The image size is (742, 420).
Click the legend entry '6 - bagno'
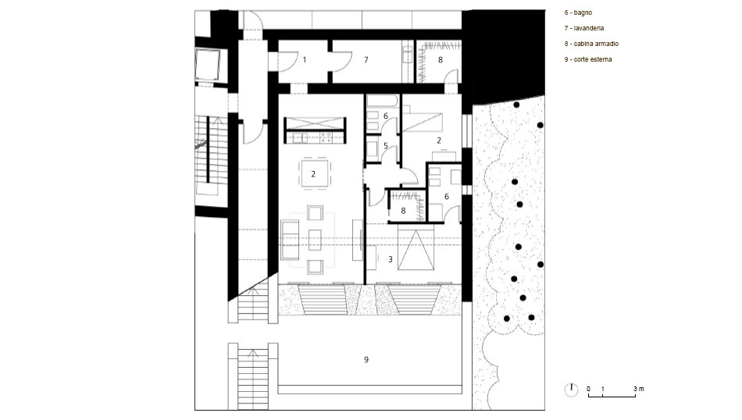pyautogui.click(x=578, y=12)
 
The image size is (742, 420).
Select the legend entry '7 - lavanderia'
pyautogui.click(x=584, y=28)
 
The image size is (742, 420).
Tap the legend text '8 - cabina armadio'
pyautogui.click(x=591, y=44)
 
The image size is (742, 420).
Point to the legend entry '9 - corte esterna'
pyautogui.click(x=587, y=59)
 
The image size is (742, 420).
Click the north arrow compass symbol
pyautogui.click(x=572, y=390)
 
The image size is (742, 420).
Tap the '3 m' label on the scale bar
pyautogui.click(x=639, y=390)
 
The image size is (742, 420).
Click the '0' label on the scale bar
pyautogui.click(x=589, y=390)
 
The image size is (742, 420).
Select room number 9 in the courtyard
pyautogui.click(x=366, y=360)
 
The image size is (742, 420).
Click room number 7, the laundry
pyautogui.click(x=366, y=60)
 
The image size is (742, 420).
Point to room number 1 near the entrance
pyautogui.click(x=305, y=60)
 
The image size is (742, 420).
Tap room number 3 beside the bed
pyautogui.click(x=391, y=260)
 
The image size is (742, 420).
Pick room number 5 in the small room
pyautogui.click(x=386, y=146)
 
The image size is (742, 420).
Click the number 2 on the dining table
pyautogui.click(x=313, y=175)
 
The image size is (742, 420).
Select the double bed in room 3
pyautogui.click(x=416, y=247)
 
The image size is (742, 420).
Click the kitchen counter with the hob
pyautogui.click(x=315, y=137)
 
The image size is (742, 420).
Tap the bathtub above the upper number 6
pyautogui.click(x=383, y=101)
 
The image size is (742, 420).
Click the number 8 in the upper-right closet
pyautogui.click(x=441, y=60)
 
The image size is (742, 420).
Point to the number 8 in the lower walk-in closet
pyautogui.click(x=403, y=211)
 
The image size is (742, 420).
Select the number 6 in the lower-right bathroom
pyautogui.click(x=447, y=197)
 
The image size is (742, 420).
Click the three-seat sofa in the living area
pyautogui.click(x=290, y=240)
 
